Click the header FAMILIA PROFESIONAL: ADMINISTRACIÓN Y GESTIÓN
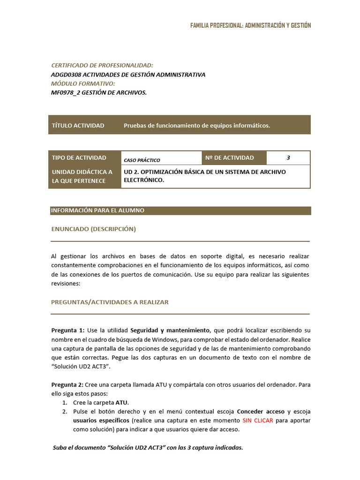[250, 25]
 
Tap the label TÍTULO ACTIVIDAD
[78, 126]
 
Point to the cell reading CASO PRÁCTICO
[142, 160]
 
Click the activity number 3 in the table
[288, 158]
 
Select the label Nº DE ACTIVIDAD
[229, 158]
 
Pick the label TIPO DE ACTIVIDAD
[79, 158]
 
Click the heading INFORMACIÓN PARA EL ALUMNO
[97, 210]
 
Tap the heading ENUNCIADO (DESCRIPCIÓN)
[93, 229]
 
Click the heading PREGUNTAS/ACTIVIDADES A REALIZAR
[110, 302]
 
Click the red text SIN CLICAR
[258, 420]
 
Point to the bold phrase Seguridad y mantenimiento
[170, 330]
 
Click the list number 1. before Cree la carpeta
[65, 403]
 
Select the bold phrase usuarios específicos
[101, 420]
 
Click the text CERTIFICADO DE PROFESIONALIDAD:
[102, 66]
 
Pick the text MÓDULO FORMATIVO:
[82, 83]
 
